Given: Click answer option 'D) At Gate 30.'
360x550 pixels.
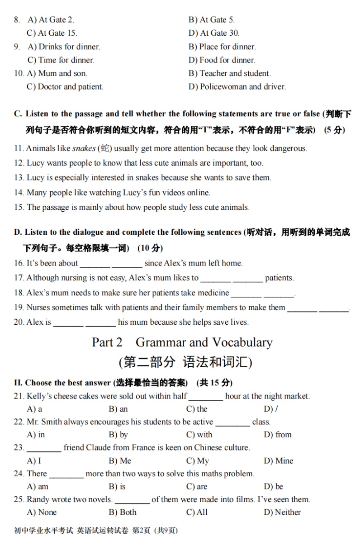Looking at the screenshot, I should click(x=214, y=33).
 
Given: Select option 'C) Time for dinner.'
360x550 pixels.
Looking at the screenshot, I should click(x=61, y=60).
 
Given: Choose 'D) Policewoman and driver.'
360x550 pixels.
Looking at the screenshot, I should click(x=237, y=87).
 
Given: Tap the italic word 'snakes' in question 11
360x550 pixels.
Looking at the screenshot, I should click(x=84, y=148).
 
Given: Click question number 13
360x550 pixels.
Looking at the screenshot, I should click(x=19, y=178).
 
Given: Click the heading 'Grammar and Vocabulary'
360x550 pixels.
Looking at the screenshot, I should click(x=204, y=342).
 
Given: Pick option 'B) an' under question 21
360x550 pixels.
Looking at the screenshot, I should click(x=118, y=409).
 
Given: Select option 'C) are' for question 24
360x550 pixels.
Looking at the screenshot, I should click(x=197, y=487).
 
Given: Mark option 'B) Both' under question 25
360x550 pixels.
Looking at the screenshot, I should click(x=122, y=512).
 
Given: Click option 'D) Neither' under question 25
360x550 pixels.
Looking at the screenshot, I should click(x=282, y=512).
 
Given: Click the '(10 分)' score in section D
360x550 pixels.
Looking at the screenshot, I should click(x=150, y=248).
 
